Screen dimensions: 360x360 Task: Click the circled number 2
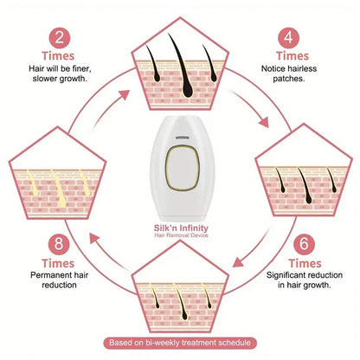(60, 38)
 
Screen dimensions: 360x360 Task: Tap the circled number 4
(289, 38)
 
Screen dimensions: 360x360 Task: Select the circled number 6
(304, 244)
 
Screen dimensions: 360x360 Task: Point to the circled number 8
(59, 244)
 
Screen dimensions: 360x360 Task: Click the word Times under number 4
(292, 56)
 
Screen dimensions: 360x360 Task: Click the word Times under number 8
(58, 263)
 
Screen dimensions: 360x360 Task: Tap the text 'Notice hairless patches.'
(289, 74)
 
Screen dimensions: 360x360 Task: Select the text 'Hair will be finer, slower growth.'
(60, 74)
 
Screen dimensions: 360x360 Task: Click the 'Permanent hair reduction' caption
(59, 280)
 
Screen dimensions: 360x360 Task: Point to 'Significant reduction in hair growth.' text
(305, 280)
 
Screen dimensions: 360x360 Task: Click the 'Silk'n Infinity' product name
(181, 228)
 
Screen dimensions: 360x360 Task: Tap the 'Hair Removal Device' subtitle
(181, 235)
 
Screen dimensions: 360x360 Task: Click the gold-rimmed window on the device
(183, 168)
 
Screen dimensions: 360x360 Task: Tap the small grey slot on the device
(183, 138)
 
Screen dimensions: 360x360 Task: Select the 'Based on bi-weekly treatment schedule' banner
(180, 343)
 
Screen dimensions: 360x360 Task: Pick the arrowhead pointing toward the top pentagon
(125, 94)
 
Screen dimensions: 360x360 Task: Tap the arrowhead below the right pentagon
(237, 262)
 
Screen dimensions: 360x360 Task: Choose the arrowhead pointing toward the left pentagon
(94, 239)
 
